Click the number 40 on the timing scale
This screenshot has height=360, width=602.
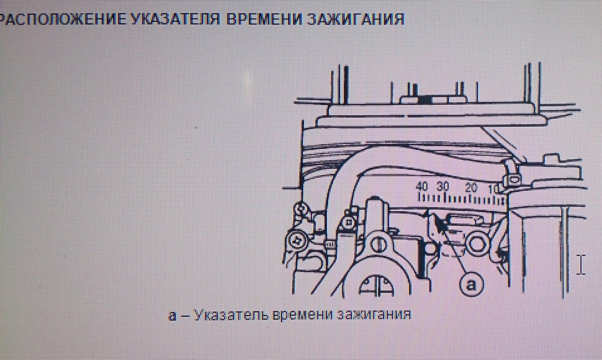tap(422, 187)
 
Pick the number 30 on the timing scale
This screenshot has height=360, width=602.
tap(443, 187)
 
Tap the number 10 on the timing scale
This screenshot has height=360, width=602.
tap(494, 190)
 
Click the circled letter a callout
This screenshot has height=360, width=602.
tap(471, 284)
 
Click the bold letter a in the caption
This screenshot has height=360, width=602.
tap(173, 316)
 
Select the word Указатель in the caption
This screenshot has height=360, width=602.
tap(231, 315)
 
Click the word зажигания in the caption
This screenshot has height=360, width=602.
tap(374, 315)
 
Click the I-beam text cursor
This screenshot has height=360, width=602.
tap(581, 265)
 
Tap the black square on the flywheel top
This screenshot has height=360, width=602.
tap(424, 100)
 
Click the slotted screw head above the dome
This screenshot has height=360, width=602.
tap(378, 245)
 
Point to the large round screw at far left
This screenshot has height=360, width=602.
tap(296, 241)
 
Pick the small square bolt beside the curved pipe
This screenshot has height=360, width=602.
tap(349, 223)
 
